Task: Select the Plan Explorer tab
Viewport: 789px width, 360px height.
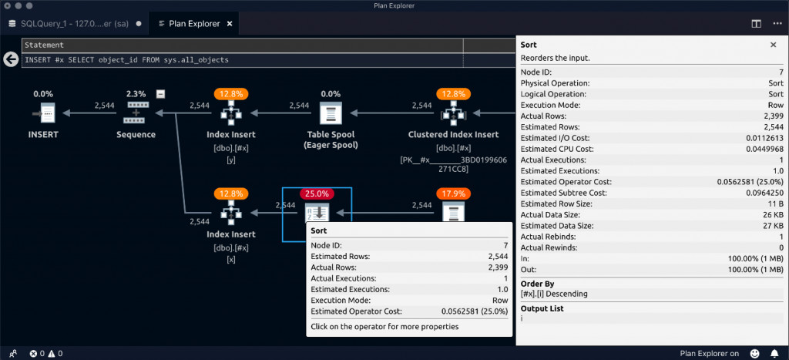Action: (x=193, y=23)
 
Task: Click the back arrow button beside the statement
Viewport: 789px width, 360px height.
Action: (x=11, y=59)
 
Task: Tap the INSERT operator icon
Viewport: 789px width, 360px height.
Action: (x=42, y=114)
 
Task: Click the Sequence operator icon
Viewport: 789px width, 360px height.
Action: (x=136, y=113)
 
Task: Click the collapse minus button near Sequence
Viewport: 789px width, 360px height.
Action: (x=160, y=94)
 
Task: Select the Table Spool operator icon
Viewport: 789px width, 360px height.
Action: (x=330, y=114)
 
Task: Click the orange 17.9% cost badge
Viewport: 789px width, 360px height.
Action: (x=454, y=193)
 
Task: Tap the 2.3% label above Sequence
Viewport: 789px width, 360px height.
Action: (x=136, y=94)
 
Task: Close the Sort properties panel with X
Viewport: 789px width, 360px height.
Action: (x=773, y=45)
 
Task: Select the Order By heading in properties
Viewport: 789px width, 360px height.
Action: (x=538, y=282)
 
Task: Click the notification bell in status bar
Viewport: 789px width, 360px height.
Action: (x=774, y=353)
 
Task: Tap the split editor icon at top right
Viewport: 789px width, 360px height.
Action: (x=756, y=23)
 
